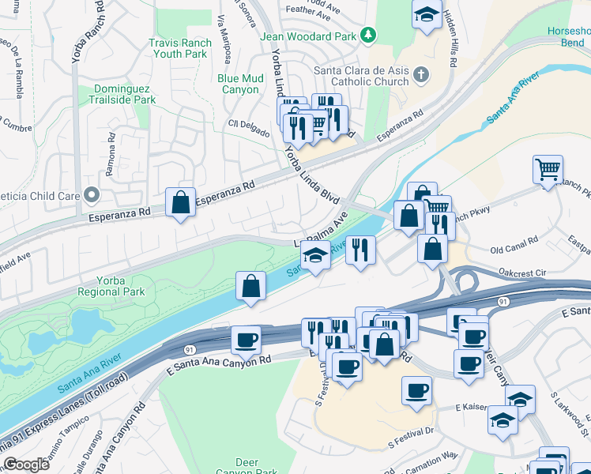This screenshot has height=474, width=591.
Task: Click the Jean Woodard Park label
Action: coord(313,35)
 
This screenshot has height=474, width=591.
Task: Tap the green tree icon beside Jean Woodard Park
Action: coord(367,35)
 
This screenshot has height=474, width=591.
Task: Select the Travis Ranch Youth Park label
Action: coord(180,49)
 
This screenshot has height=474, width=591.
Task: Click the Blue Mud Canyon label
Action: coord(241,84)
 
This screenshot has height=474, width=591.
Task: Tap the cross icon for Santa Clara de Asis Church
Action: coord(421,75)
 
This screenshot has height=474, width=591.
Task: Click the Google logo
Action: coord(26,465)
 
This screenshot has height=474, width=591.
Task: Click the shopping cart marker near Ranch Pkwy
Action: coord(548,169)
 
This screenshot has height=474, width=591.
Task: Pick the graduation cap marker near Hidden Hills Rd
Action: coord(427,14)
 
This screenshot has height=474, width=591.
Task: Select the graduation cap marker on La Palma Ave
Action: coord(315,254)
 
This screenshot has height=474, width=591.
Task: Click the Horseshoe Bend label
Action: coord(567,36)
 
